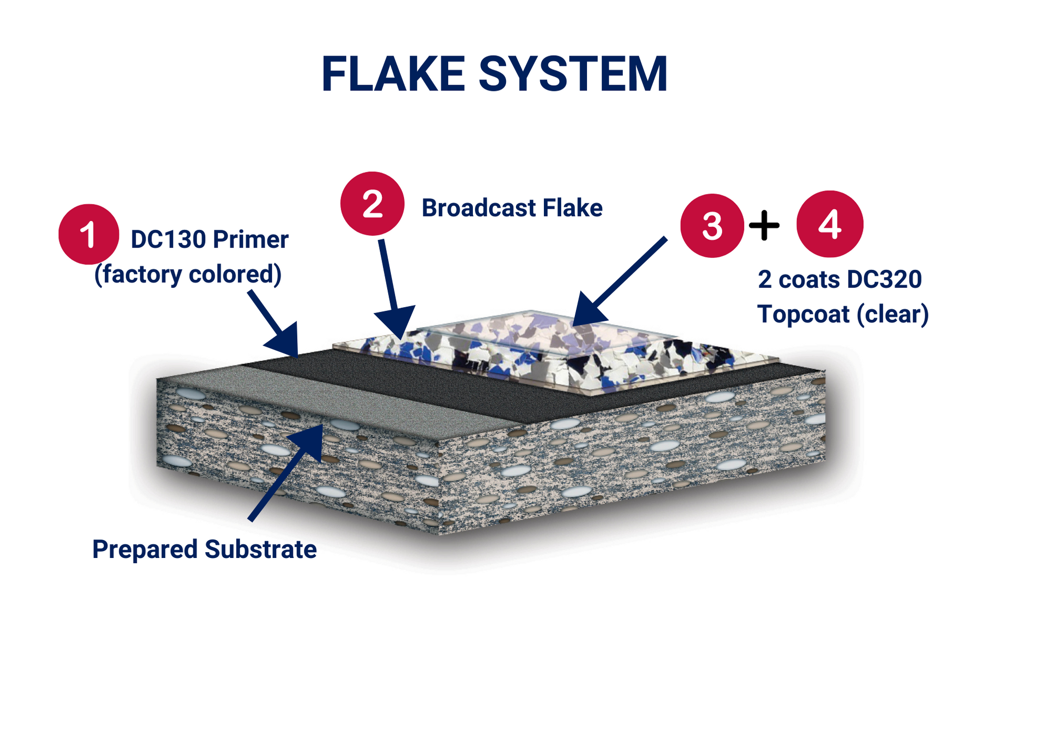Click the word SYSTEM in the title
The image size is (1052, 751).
573,74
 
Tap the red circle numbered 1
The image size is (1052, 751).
88,234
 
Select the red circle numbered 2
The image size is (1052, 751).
372,204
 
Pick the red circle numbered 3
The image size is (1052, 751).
712,226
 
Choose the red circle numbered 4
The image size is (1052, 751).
830,224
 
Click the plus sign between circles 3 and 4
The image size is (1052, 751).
764,225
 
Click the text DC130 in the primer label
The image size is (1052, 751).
168,240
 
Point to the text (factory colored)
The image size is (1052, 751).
188,275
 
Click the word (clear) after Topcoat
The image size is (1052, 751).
893,314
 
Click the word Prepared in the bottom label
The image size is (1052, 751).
145,550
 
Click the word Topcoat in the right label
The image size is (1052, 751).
803,314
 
